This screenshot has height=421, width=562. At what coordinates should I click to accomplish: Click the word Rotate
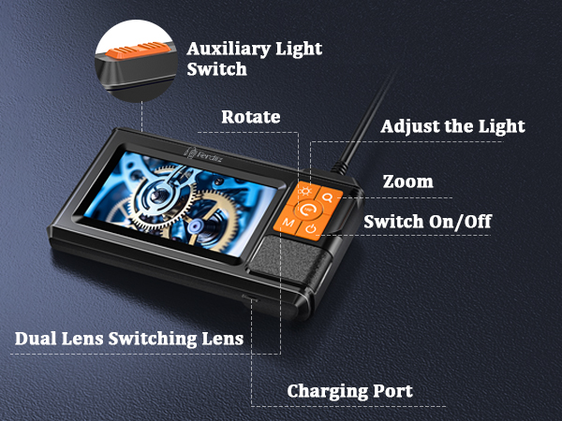tap(251, 118)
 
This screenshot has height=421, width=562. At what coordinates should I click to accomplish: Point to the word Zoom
tap(408, 181)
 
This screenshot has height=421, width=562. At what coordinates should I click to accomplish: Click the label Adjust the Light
tap(453, 125)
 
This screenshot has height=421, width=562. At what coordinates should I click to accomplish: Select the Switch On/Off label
tap(427, 222)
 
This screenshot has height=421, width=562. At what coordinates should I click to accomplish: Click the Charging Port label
tap(349, 390)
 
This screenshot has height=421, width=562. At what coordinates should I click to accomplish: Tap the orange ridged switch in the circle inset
tap(137, 51)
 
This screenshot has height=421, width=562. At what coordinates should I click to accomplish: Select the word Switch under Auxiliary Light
tap(216, 69)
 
